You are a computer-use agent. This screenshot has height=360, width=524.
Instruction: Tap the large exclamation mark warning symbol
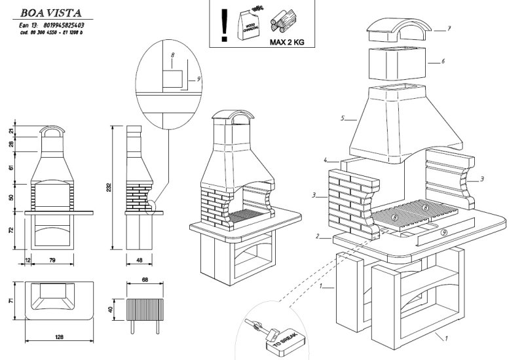point(225,24)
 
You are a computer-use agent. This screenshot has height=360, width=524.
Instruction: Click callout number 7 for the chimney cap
point(450,29)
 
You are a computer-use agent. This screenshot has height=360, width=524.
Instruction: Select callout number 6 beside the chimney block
point(443,61)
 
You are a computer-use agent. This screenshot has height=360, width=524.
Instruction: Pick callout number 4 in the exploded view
point(325,160)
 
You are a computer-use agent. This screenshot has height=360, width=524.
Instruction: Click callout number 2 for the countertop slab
point(318,236)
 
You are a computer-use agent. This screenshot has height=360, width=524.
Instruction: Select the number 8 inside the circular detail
point(172,67)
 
